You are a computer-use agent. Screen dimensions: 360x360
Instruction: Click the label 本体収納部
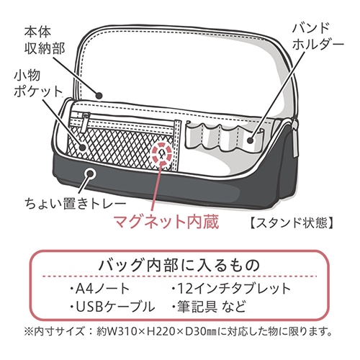45,42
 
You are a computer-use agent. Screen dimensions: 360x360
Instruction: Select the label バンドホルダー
318,37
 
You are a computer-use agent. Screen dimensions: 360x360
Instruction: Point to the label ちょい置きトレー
76,204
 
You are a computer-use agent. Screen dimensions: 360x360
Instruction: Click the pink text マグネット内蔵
166,222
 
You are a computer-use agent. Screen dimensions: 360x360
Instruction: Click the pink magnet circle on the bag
161,153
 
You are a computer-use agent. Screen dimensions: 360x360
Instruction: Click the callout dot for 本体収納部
99,96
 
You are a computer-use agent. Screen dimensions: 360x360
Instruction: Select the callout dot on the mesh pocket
82,147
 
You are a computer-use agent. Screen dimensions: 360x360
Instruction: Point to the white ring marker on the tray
90,174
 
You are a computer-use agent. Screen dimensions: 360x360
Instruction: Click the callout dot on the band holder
251,140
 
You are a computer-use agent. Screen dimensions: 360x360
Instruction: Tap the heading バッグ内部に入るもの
179,265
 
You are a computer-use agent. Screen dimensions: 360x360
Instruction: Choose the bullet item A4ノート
100,289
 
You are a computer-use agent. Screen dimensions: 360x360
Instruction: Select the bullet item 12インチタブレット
231,289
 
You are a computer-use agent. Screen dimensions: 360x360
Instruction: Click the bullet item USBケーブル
113,307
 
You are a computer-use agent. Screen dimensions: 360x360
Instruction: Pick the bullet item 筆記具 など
210,307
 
